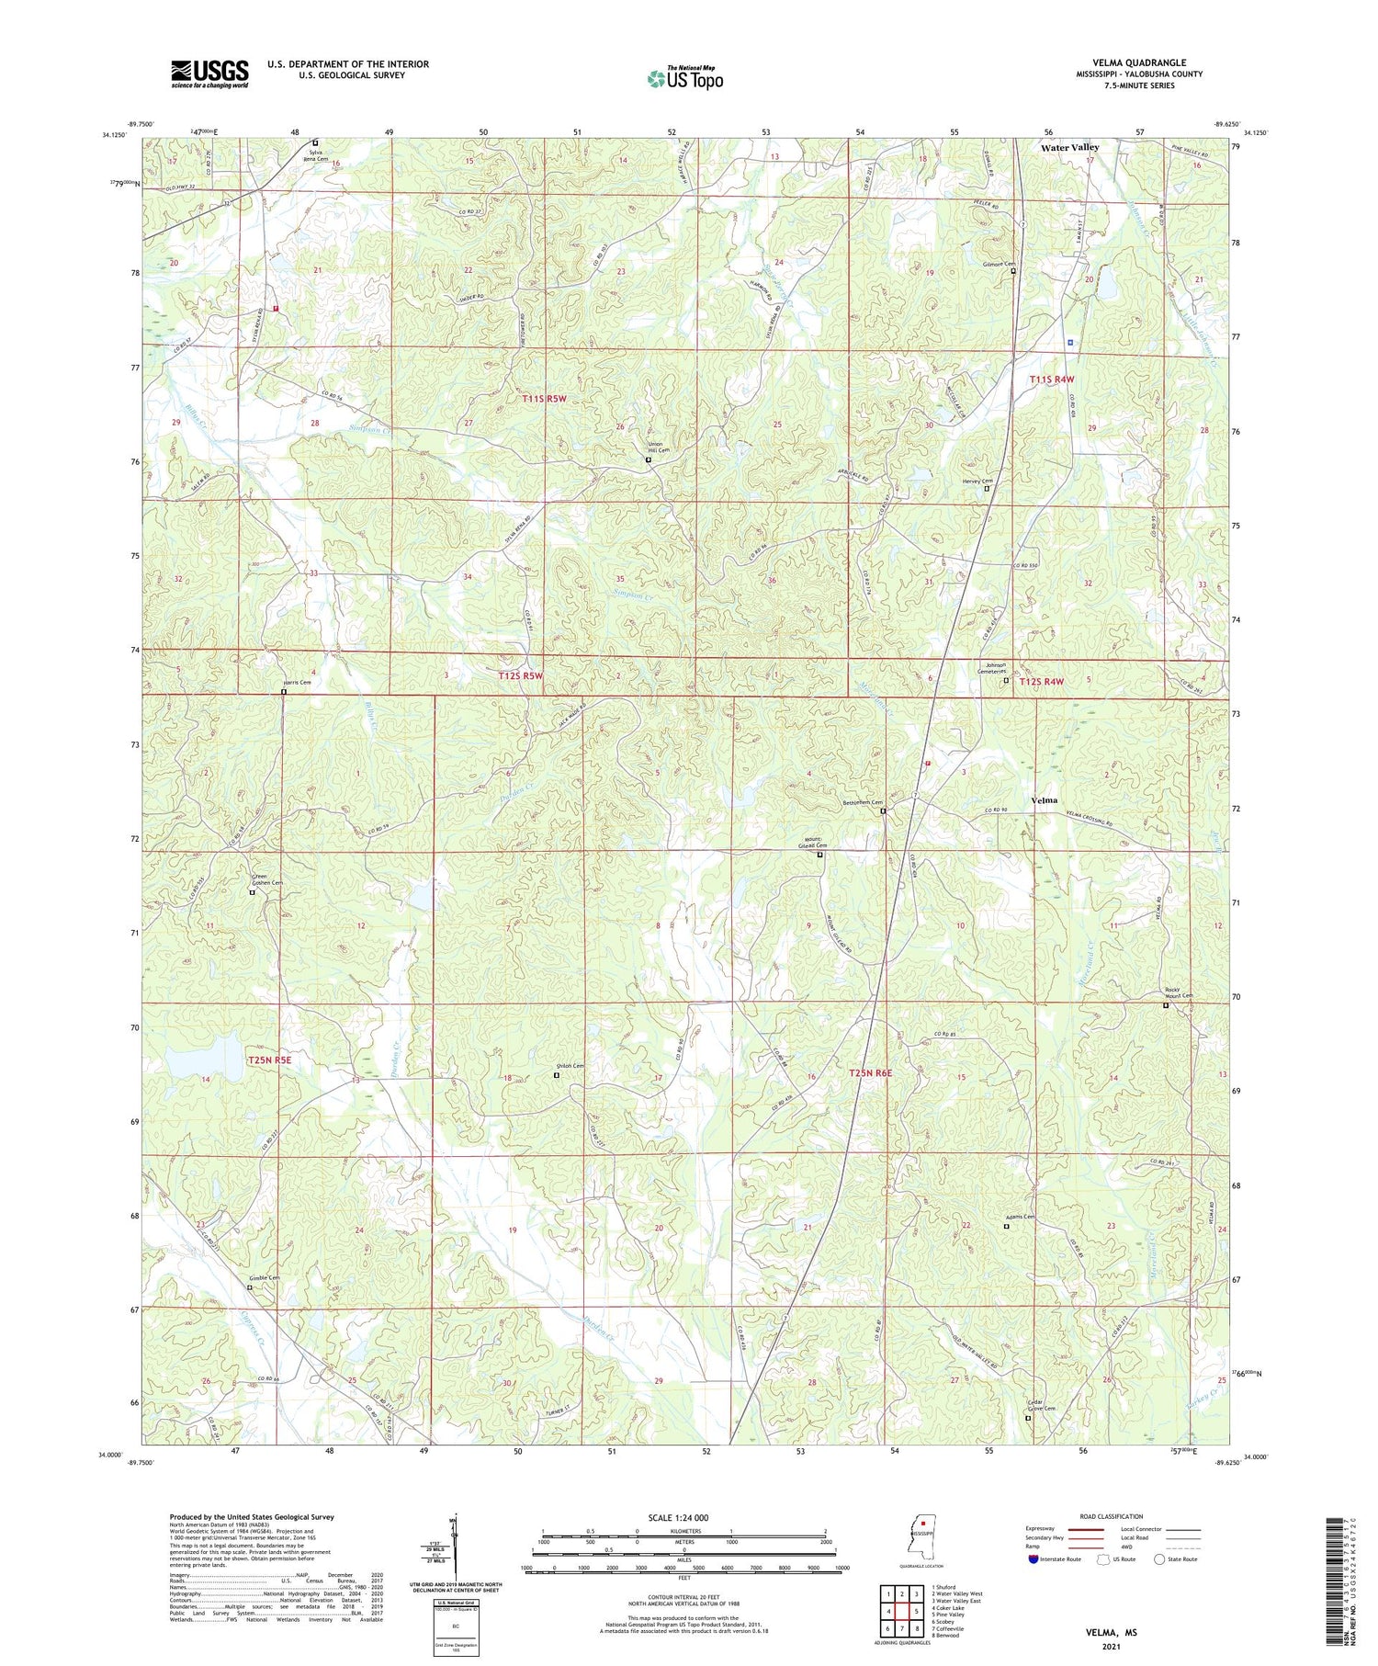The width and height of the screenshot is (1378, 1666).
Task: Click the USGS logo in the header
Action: pos(209,74)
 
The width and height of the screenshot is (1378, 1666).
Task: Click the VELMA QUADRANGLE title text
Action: pos(1135,62)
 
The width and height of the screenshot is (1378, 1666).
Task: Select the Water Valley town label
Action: pos(1069,147)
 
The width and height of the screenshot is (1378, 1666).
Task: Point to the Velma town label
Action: pos(1044,800)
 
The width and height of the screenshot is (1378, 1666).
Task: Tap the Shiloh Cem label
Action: pos(570,1065)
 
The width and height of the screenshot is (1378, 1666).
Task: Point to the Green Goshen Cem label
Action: pos(267,879)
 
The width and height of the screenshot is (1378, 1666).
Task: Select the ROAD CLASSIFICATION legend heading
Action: pos(1112,1516)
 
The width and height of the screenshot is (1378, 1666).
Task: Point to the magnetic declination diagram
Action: pos(452,1547)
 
